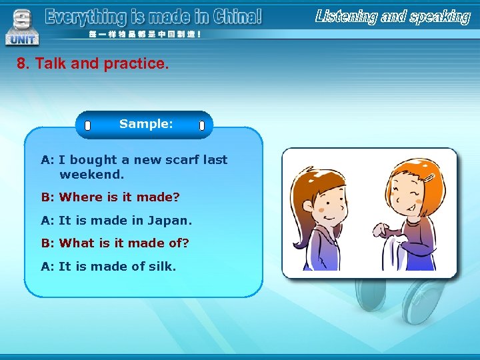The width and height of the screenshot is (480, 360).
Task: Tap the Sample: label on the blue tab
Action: [x=146, y=124]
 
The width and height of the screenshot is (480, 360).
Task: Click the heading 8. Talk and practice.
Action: [x=93, y=64]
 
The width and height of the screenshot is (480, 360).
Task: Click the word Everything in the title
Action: [x=85, y=17]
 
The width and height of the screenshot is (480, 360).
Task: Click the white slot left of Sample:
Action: [x=87, y=125]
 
